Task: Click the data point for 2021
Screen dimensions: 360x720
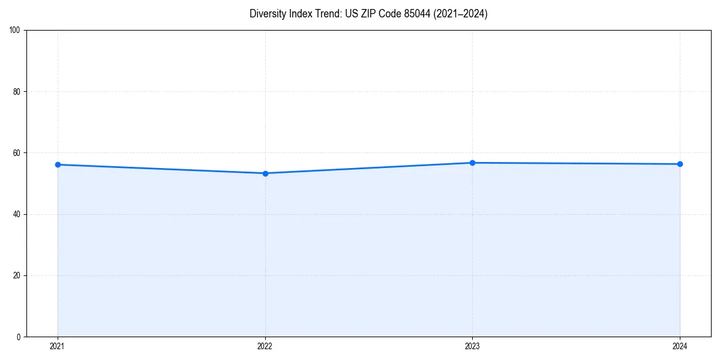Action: click(x=58, y=164)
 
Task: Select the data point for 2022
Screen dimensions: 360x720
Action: click(x=265, y=173)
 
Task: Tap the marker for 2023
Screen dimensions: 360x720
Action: click(x=472, y=163)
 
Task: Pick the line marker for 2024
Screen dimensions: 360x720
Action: click(x=680, y=164)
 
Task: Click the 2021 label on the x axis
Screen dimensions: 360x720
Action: click(x=58, y=346)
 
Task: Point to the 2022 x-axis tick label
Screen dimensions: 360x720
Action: click(x=265, y=346)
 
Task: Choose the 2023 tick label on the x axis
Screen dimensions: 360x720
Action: click(x=472, y=346)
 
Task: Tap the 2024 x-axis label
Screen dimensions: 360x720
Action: click(x=680, y=346)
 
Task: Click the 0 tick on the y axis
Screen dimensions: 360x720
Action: click(x=19, y=337)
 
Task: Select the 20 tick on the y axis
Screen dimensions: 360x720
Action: click(x=17, y=275)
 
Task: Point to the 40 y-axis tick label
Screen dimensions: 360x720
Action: click(x=17, y=214)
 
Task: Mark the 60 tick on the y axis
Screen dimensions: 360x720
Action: click(x=17, y=153)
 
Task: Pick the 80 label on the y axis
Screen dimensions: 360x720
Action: click(x=17, y=92)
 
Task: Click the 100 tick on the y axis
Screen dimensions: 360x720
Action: click(x=15, y=30)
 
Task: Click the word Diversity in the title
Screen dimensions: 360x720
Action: click(x=267, y=14)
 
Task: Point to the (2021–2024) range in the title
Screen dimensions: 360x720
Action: click(x=460, y=14)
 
